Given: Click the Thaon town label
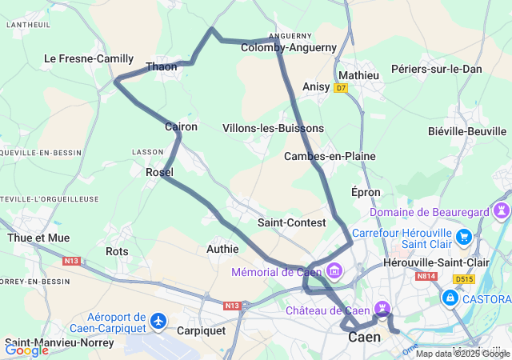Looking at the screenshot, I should [x=161, y=67].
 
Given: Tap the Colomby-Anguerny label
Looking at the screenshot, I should [x=289, y=47].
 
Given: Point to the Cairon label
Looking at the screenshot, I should [x=181, y=126].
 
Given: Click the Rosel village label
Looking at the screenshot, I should [x=160, y=172].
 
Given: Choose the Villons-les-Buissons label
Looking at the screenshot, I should [x=273, y=128].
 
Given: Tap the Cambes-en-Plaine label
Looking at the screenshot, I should [x=330, y=156].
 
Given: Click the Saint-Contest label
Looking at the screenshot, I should [x=292, y=222].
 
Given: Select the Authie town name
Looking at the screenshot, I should [x=222, y=249].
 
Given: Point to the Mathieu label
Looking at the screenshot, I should [x=359, y=75].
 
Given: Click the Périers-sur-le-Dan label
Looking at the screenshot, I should [x=437, y=69].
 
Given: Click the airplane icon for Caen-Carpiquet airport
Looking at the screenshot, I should [x=158, y=321].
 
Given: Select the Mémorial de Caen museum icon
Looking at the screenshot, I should [x=334, y=272].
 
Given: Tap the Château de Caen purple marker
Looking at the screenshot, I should [x=383, y=308].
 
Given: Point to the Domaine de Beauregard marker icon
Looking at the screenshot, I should [x=502, y=211].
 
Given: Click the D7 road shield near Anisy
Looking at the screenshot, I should [x=342, y=87].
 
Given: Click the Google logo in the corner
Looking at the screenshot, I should [x=26, y=350].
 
